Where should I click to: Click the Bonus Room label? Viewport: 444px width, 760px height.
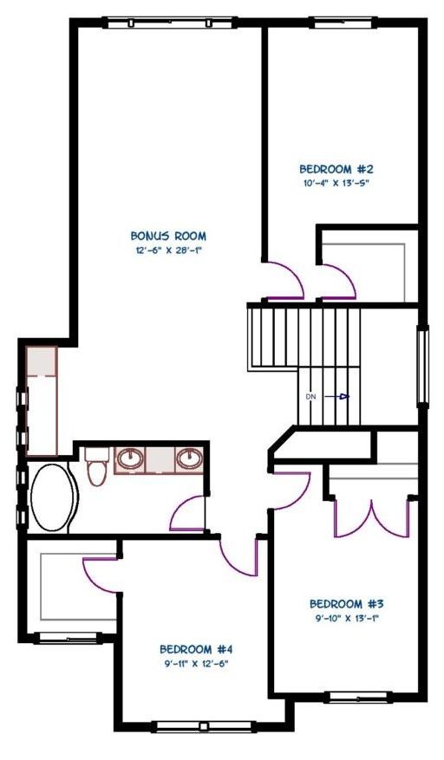tap(168, 236)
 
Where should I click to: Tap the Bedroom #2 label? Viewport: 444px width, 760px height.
tap(336, 169)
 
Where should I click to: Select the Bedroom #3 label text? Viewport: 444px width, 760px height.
tap(347, 604)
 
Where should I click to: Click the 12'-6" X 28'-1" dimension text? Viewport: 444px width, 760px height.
tap(168, 250)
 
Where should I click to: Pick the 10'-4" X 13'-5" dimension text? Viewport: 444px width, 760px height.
tap(336, 183)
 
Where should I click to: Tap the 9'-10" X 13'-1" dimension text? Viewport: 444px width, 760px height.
tap(347, 618)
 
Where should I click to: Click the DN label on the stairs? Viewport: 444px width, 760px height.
tap(311, 397)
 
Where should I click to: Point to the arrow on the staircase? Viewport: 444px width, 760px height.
tap(336, 397)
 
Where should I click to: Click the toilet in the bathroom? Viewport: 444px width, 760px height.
tap(96, 467)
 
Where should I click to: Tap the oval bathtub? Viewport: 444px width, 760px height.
tap(52, 497)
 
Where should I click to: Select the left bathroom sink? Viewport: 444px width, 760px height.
tap(131, 458)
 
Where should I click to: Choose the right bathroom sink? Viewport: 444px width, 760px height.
tap(189, 458)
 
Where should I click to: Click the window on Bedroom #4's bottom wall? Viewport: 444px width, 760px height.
tap(204, 726)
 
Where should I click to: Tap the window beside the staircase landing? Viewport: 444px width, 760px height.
tap(423, 366)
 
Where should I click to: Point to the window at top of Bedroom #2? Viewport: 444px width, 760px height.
tap(343, 23)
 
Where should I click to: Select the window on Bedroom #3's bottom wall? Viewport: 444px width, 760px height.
tap(359, 697)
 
